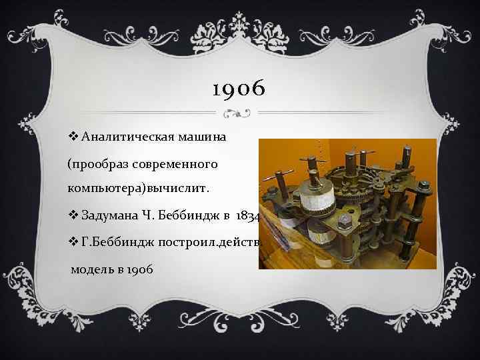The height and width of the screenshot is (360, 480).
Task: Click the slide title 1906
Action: click(238, 87)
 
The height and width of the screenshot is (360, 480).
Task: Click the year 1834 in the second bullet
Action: click(244, 215)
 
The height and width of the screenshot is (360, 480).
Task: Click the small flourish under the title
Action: click(239, 111)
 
